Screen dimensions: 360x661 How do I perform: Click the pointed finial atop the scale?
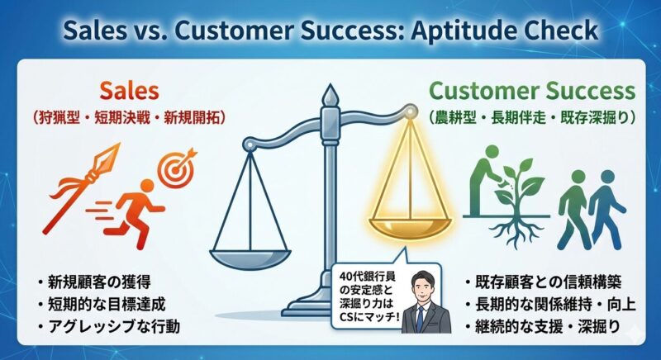coord(330,96)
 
